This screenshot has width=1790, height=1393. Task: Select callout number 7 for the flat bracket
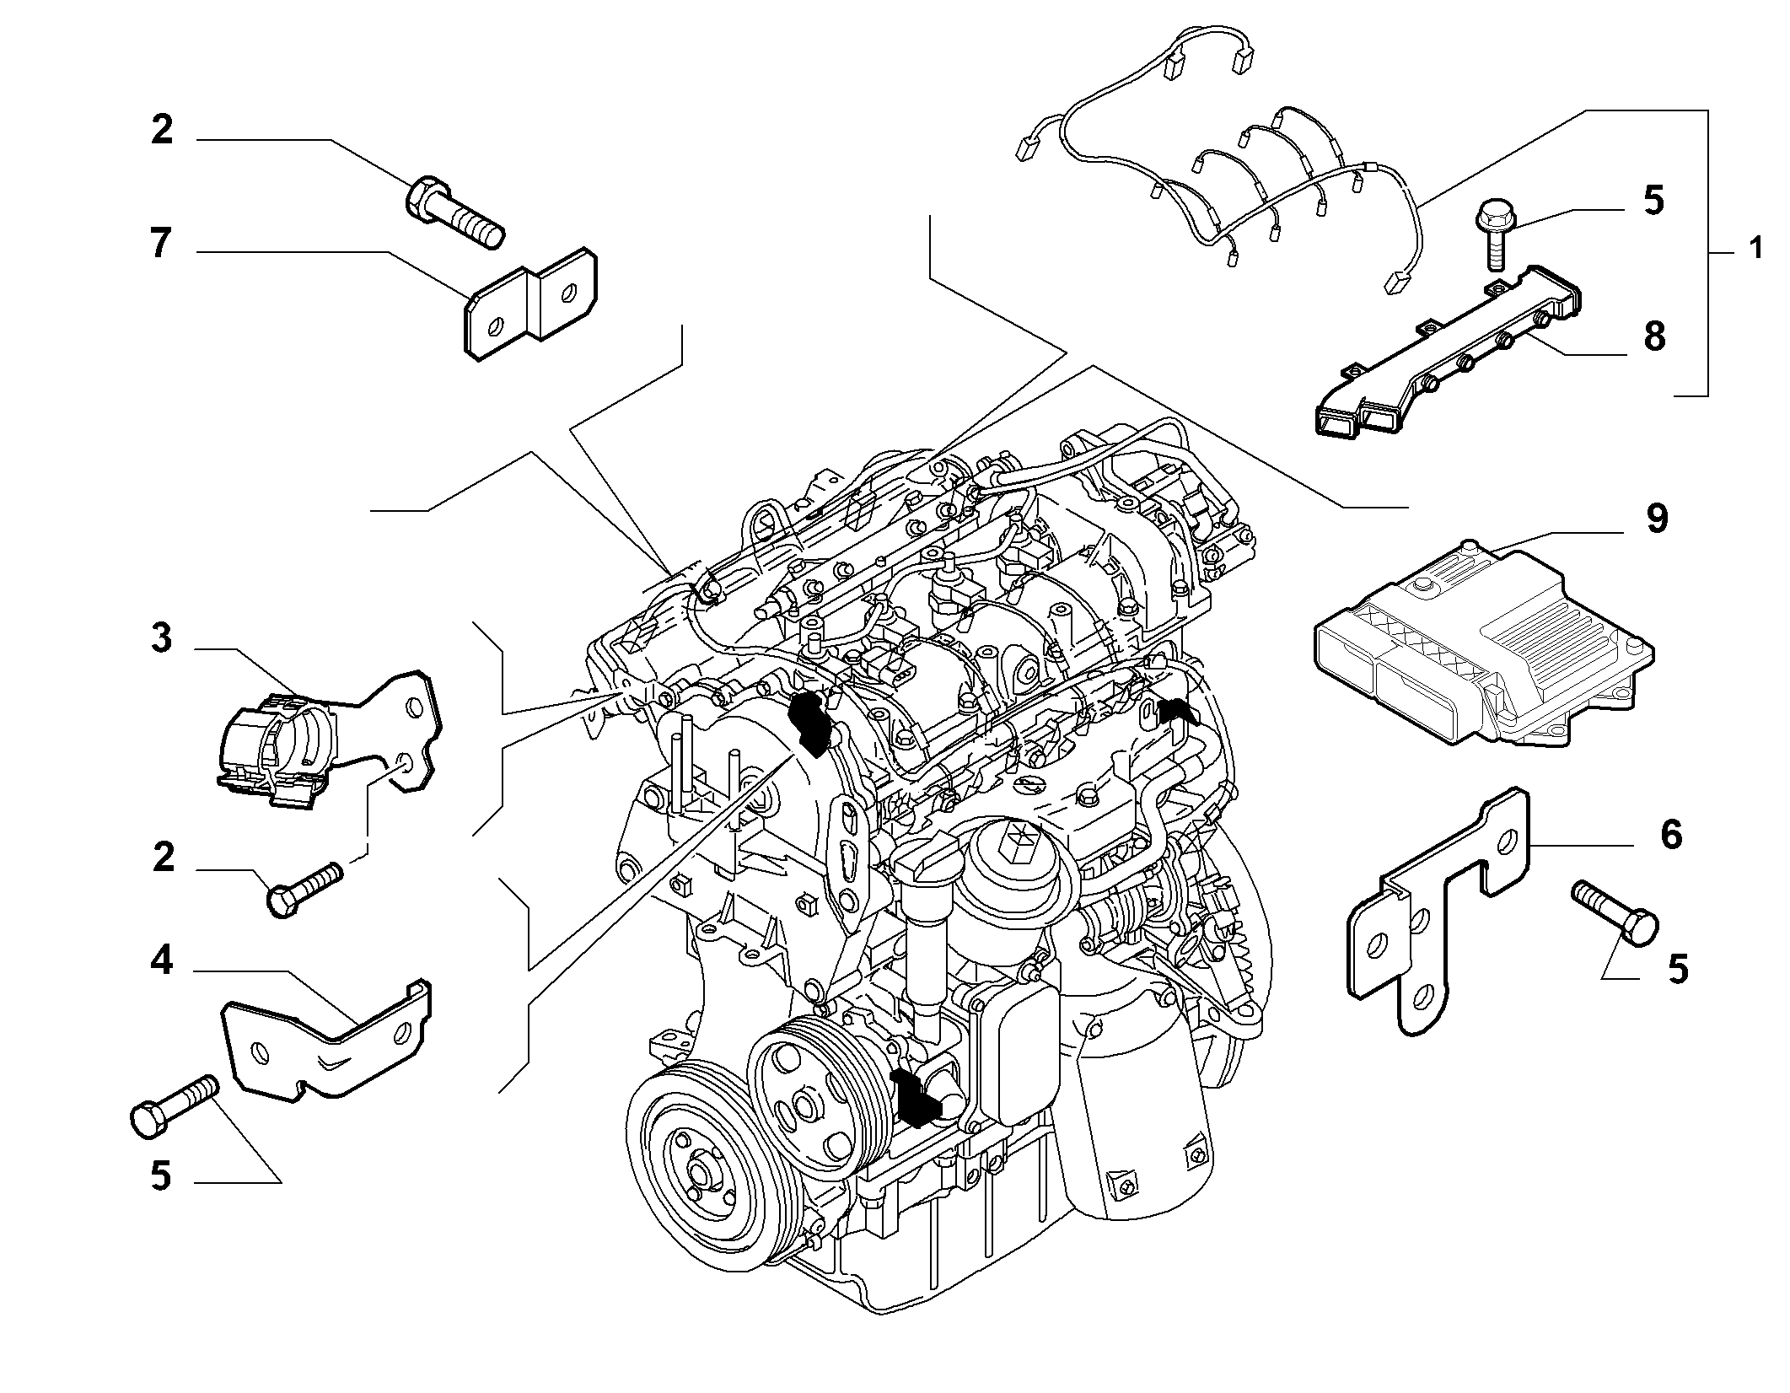click(160, 243)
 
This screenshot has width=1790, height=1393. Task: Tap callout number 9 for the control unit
click(1655, 519)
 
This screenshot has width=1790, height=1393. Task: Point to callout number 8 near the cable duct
click(1654, 336)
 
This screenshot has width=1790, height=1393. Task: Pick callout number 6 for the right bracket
click(1670, 835)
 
